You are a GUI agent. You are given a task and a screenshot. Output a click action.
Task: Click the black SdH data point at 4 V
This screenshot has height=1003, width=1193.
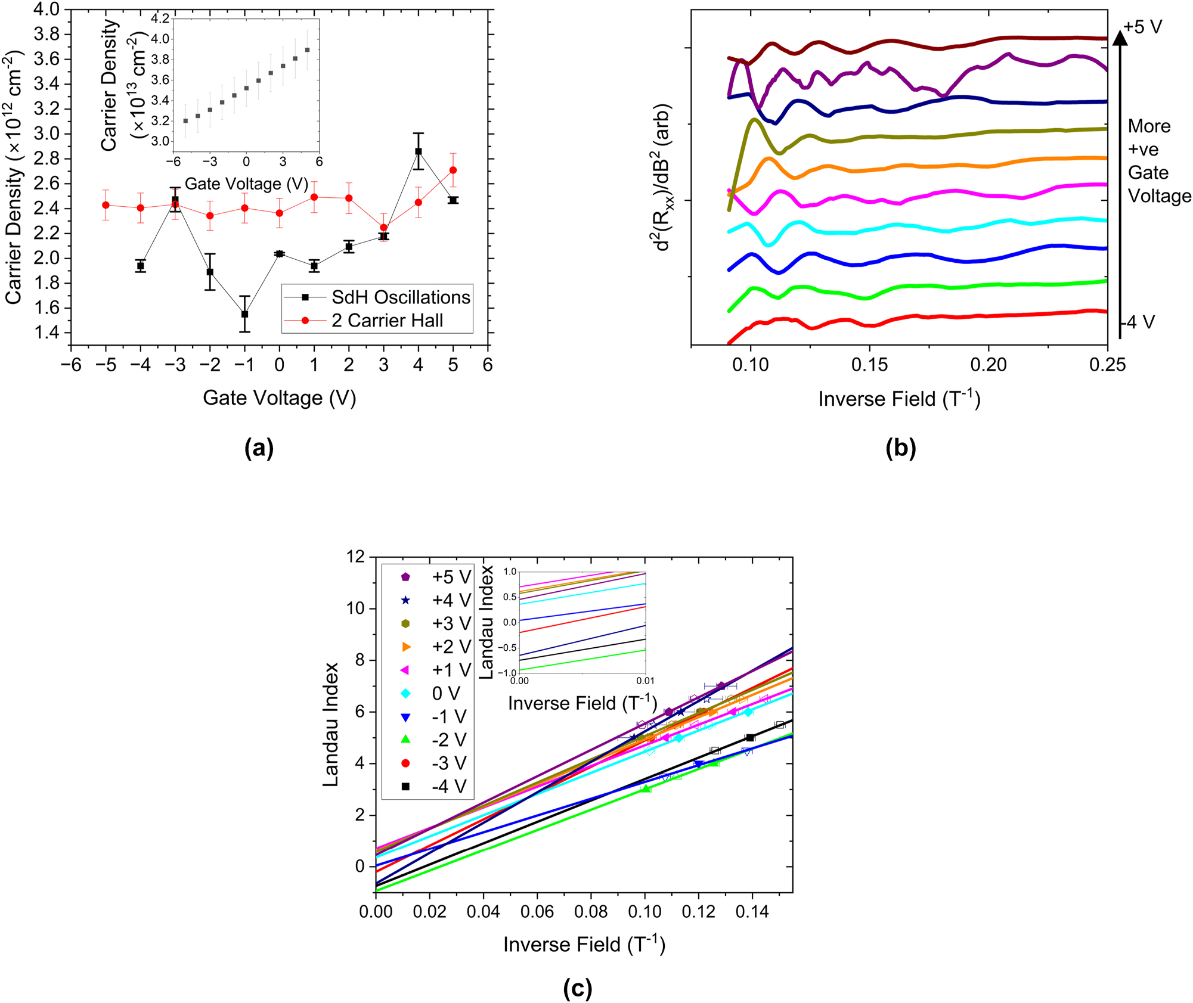tap(419, 151)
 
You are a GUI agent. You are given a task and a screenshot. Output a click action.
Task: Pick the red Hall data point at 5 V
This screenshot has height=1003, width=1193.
tap(453, 170)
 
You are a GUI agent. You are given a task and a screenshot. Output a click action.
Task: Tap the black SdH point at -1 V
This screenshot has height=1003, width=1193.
tap(244, 314)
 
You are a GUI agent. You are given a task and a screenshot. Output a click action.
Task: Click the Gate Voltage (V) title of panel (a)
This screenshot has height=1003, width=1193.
tap(279, 398)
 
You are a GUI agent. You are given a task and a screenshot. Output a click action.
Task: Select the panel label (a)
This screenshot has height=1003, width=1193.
tap(259, 448)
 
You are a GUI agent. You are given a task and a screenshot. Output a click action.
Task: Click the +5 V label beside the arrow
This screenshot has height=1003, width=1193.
tap(1142, 27)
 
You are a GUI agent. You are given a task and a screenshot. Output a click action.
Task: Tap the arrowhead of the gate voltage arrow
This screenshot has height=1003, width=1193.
tap(1120, 38)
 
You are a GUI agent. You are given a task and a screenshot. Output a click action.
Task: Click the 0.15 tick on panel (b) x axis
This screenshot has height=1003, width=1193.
tap(869, 364)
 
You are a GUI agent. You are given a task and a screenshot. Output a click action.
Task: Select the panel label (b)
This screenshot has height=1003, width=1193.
tap(900, 448)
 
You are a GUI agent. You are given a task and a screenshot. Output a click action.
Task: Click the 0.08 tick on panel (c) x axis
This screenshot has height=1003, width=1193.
tap(591, 911)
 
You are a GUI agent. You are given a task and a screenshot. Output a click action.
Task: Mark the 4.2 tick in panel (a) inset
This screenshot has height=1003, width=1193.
tap(160, 18)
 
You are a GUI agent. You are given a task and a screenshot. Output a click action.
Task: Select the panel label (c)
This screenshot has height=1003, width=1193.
tap(577, 988)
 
